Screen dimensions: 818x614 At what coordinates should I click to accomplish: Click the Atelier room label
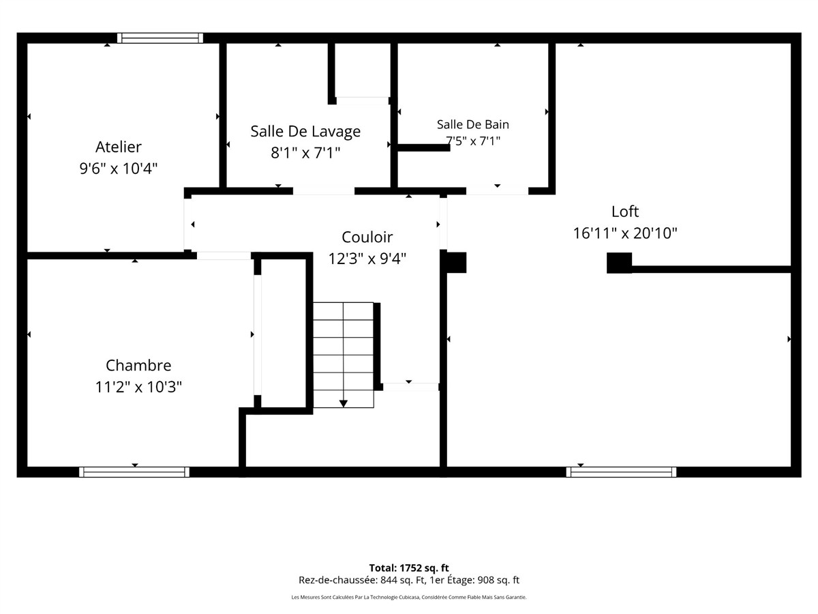coord(119,147)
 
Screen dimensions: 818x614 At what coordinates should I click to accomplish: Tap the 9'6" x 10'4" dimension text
coord(119,169)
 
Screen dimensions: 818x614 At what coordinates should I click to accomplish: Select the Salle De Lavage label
coord(305,132)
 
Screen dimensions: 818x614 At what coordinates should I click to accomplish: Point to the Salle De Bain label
coord(473,124)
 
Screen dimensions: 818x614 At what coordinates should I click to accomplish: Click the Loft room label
coord(625,211)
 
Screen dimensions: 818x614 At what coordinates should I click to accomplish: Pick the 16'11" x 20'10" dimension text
coord(625,233)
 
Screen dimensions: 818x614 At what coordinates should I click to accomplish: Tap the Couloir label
coord(367,237)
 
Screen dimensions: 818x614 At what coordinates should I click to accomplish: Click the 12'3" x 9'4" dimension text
coord(367,259)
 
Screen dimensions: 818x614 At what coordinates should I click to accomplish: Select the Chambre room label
coord(138,366)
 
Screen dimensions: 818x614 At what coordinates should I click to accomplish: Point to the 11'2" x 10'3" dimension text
coord(138,387)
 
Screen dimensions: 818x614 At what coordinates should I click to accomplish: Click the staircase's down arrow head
coord(344,403)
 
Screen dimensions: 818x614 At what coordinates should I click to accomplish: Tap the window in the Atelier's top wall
coord(160,38)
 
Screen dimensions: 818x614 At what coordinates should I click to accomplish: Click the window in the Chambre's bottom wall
coord(134,472)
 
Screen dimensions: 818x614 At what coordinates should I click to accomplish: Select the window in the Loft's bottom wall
coord(621,472)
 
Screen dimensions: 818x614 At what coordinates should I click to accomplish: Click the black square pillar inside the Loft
coord(619,263)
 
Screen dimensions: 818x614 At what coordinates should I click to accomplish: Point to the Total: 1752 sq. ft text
coord(409,568)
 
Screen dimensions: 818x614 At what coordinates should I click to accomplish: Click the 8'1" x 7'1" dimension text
coord(305,153)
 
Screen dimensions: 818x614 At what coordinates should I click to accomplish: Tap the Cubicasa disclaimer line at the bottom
coord(409,597)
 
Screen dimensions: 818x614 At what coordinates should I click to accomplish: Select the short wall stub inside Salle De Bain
coord(424,147)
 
